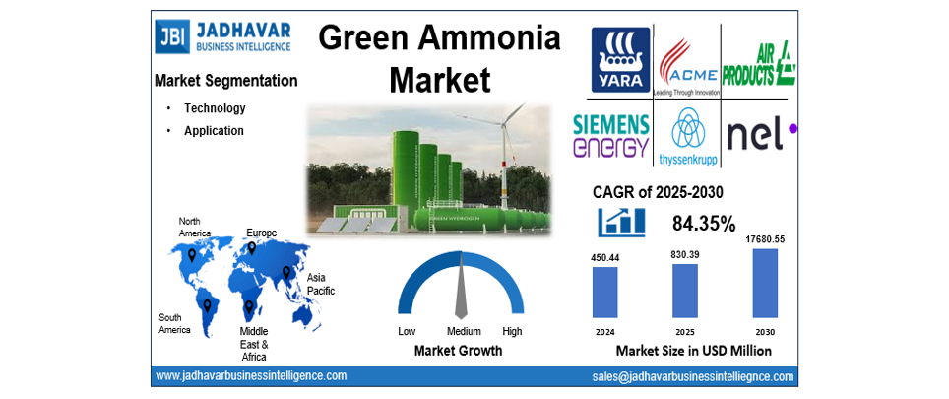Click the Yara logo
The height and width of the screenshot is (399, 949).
pos(619,60)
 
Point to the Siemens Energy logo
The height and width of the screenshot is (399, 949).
pos(612,135)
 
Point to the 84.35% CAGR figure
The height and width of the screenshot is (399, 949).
pos(704,224)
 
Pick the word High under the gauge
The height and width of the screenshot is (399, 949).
pos(512,331)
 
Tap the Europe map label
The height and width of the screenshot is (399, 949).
pos(261,233)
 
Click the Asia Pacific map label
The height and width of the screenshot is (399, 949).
pos(321,284)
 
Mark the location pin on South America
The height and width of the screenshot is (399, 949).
pos(208,304)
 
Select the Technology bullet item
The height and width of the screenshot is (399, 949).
pos(215,108)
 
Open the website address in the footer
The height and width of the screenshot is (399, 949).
pos(251,375)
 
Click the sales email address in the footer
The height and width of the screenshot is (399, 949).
pos(692,376)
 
